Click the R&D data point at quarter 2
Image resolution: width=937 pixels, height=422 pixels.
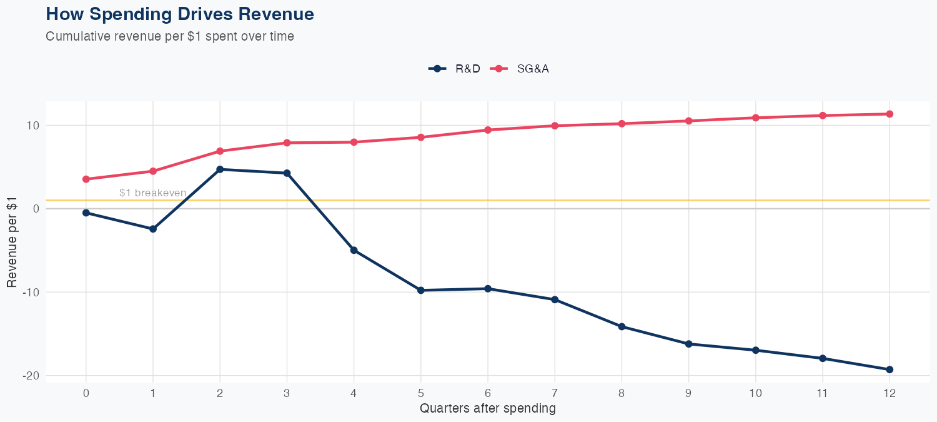[220, 169]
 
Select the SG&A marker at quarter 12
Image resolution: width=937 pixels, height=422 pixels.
[890, 114]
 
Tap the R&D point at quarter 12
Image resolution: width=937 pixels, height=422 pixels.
[890, 369]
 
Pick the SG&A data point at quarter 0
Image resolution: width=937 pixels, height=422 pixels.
[86, 179]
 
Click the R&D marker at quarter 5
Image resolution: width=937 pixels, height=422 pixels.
[420, 290]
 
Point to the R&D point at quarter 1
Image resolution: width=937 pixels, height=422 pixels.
[153, 229]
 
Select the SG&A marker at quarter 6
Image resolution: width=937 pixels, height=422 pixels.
[488, 130]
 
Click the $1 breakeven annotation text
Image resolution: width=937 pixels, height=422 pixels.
[152, 193]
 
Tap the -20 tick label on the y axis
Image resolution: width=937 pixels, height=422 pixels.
[32, 376]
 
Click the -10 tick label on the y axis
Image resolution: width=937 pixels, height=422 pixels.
[32, 292]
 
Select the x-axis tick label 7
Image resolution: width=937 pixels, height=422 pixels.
[555, 393]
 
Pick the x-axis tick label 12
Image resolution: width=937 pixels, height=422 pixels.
[890, 393]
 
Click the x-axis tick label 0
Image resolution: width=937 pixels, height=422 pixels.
[86, 393]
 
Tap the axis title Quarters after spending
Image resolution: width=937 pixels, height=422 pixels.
[488, 409]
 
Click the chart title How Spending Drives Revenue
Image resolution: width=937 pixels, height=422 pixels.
[180, 14]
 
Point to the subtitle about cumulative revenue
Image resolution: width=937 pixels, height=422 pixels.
[170, 36]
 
